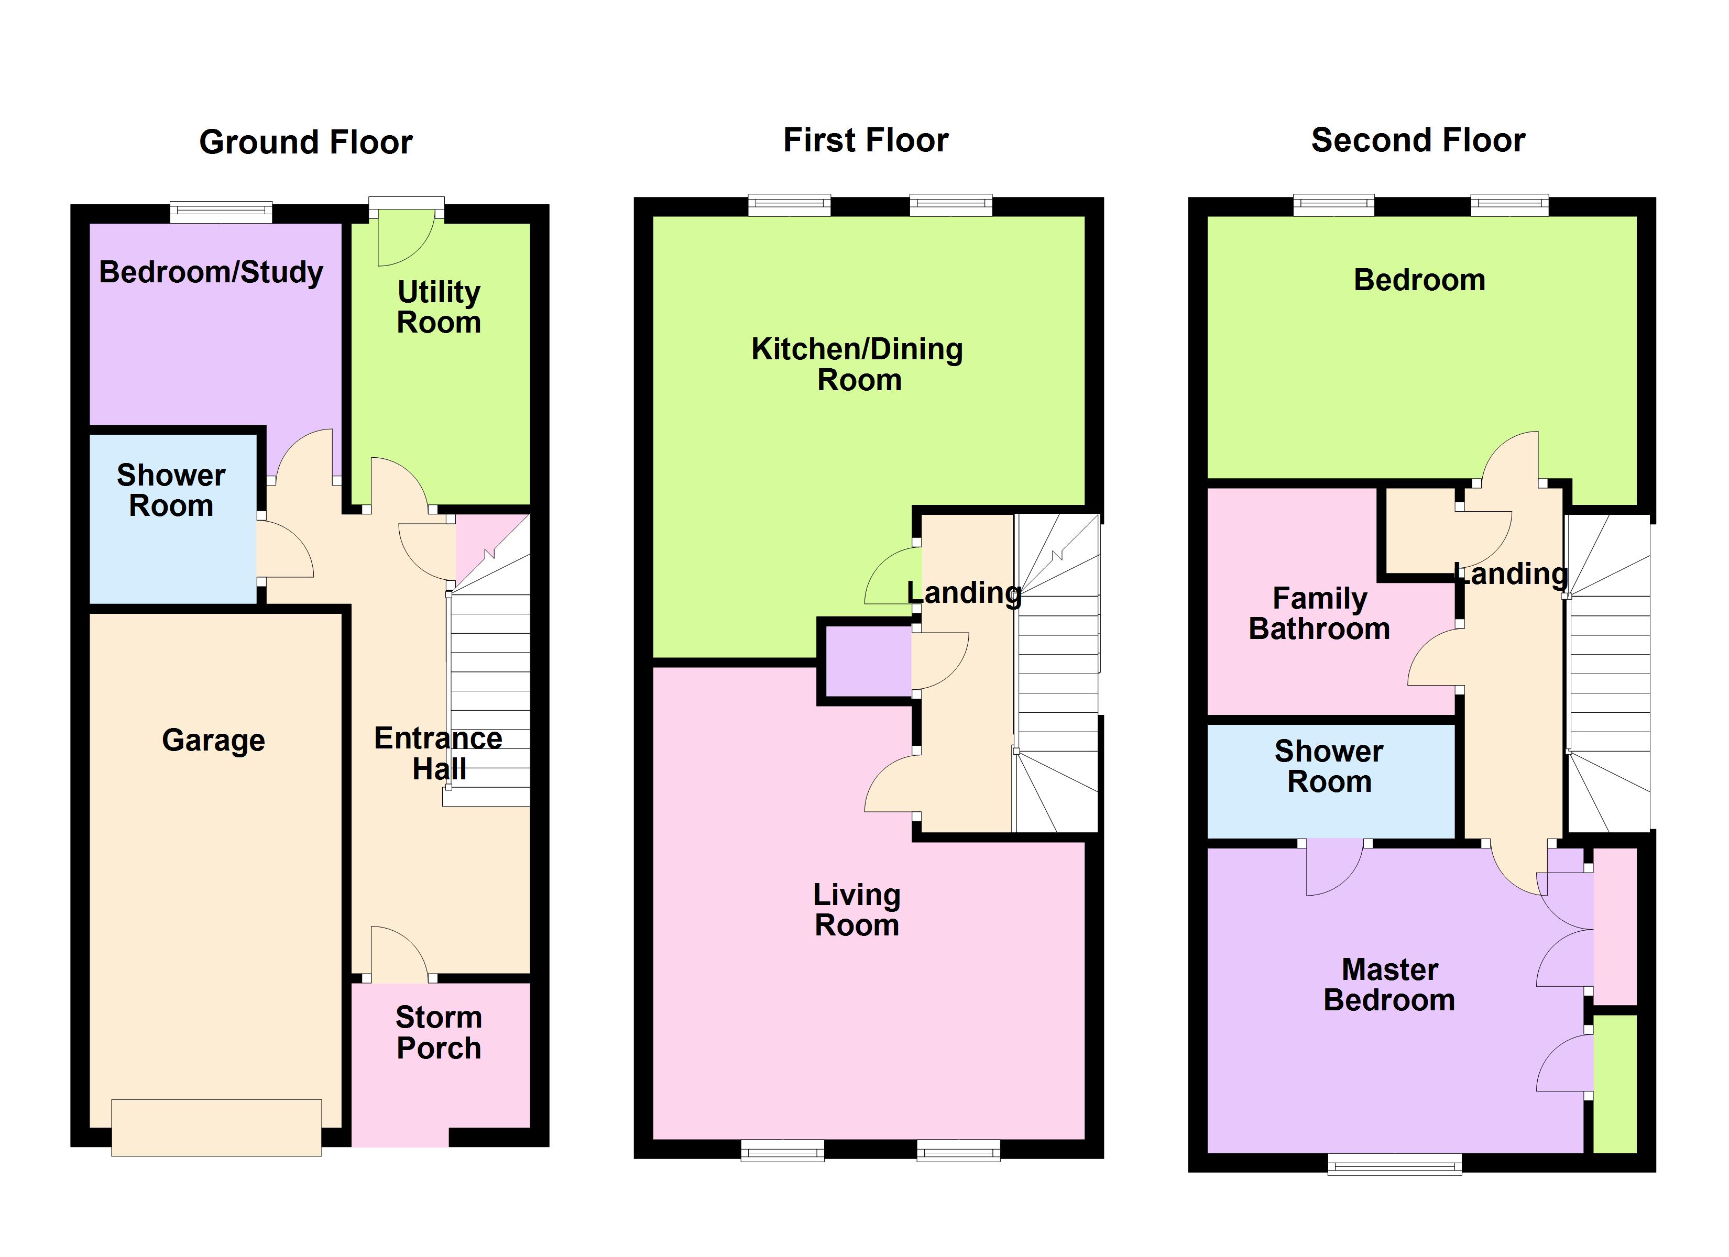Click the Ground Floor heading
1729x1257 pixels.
[x=305, y=142]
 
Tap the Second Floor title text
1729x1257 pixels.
[x=1417, y=140]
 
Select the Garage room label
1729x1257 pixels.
[x=213, y=740]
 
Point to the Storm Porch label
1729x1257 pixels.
[x=439, y=1033]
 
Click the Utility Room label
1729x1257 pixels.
[x=439, y=307]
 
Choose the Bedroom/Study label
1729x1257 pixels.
[x=211, y=272]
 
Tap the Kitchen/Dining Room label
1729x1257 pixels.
[x=858, y=365]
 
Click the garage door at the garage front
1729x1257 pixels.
[x=216, y=1128]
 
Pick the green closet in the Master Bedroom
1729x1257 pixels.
[x=1615, y=1083]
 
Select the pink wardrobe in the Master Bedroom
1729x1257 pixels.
[x=1615, y=926]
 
